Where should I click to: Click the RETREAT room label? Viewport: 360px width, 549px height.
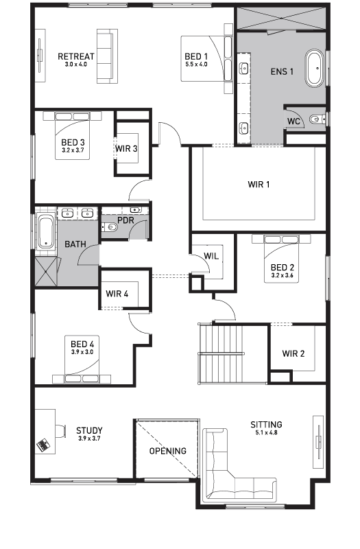[x=75, y=56]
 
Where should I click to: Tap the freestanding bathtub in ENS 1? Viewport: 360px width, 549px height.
[x=315, y=68]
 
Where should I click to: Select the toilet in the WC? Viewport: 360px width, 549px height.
[x=315, y=120]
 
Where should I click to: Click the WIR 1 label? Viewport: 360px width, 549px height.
[x=259, y=185]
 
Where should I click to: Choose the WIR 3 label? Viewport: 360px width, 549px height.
[x=126, y=148]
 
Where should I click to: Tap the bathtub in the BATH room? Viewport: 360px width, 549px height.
[x=45, y=232]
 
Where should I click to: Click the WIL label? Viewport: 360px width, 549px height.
[x=211, y=257]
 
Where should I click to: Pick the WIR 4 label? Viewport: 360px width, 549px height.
[x=117, y=294]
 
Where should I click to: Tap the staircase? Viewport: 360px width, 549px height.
[x=221, y=349]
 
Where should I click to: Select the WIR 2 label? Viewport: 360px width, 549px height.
[x=293, y=354]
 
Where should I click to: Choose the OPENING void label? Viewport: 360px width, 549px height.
[x=167, y=451]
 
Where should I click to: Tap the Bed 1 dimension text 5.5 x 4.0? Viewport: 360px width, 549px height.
[x=195, y=65]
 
